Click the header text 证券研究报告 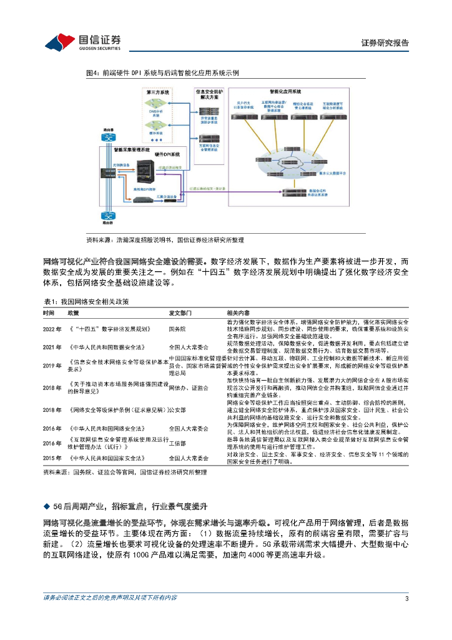[x=385, y=43]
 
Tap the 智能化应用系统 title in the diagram [x=285, y=91]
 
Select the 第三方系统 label [x=157, y=92]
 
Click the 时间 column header [x=49, y=312]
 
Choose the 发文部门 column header [x=182, y=312]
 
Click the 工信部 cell [x=177, y=443]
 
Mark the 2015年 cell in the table [x=52, y=457]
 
